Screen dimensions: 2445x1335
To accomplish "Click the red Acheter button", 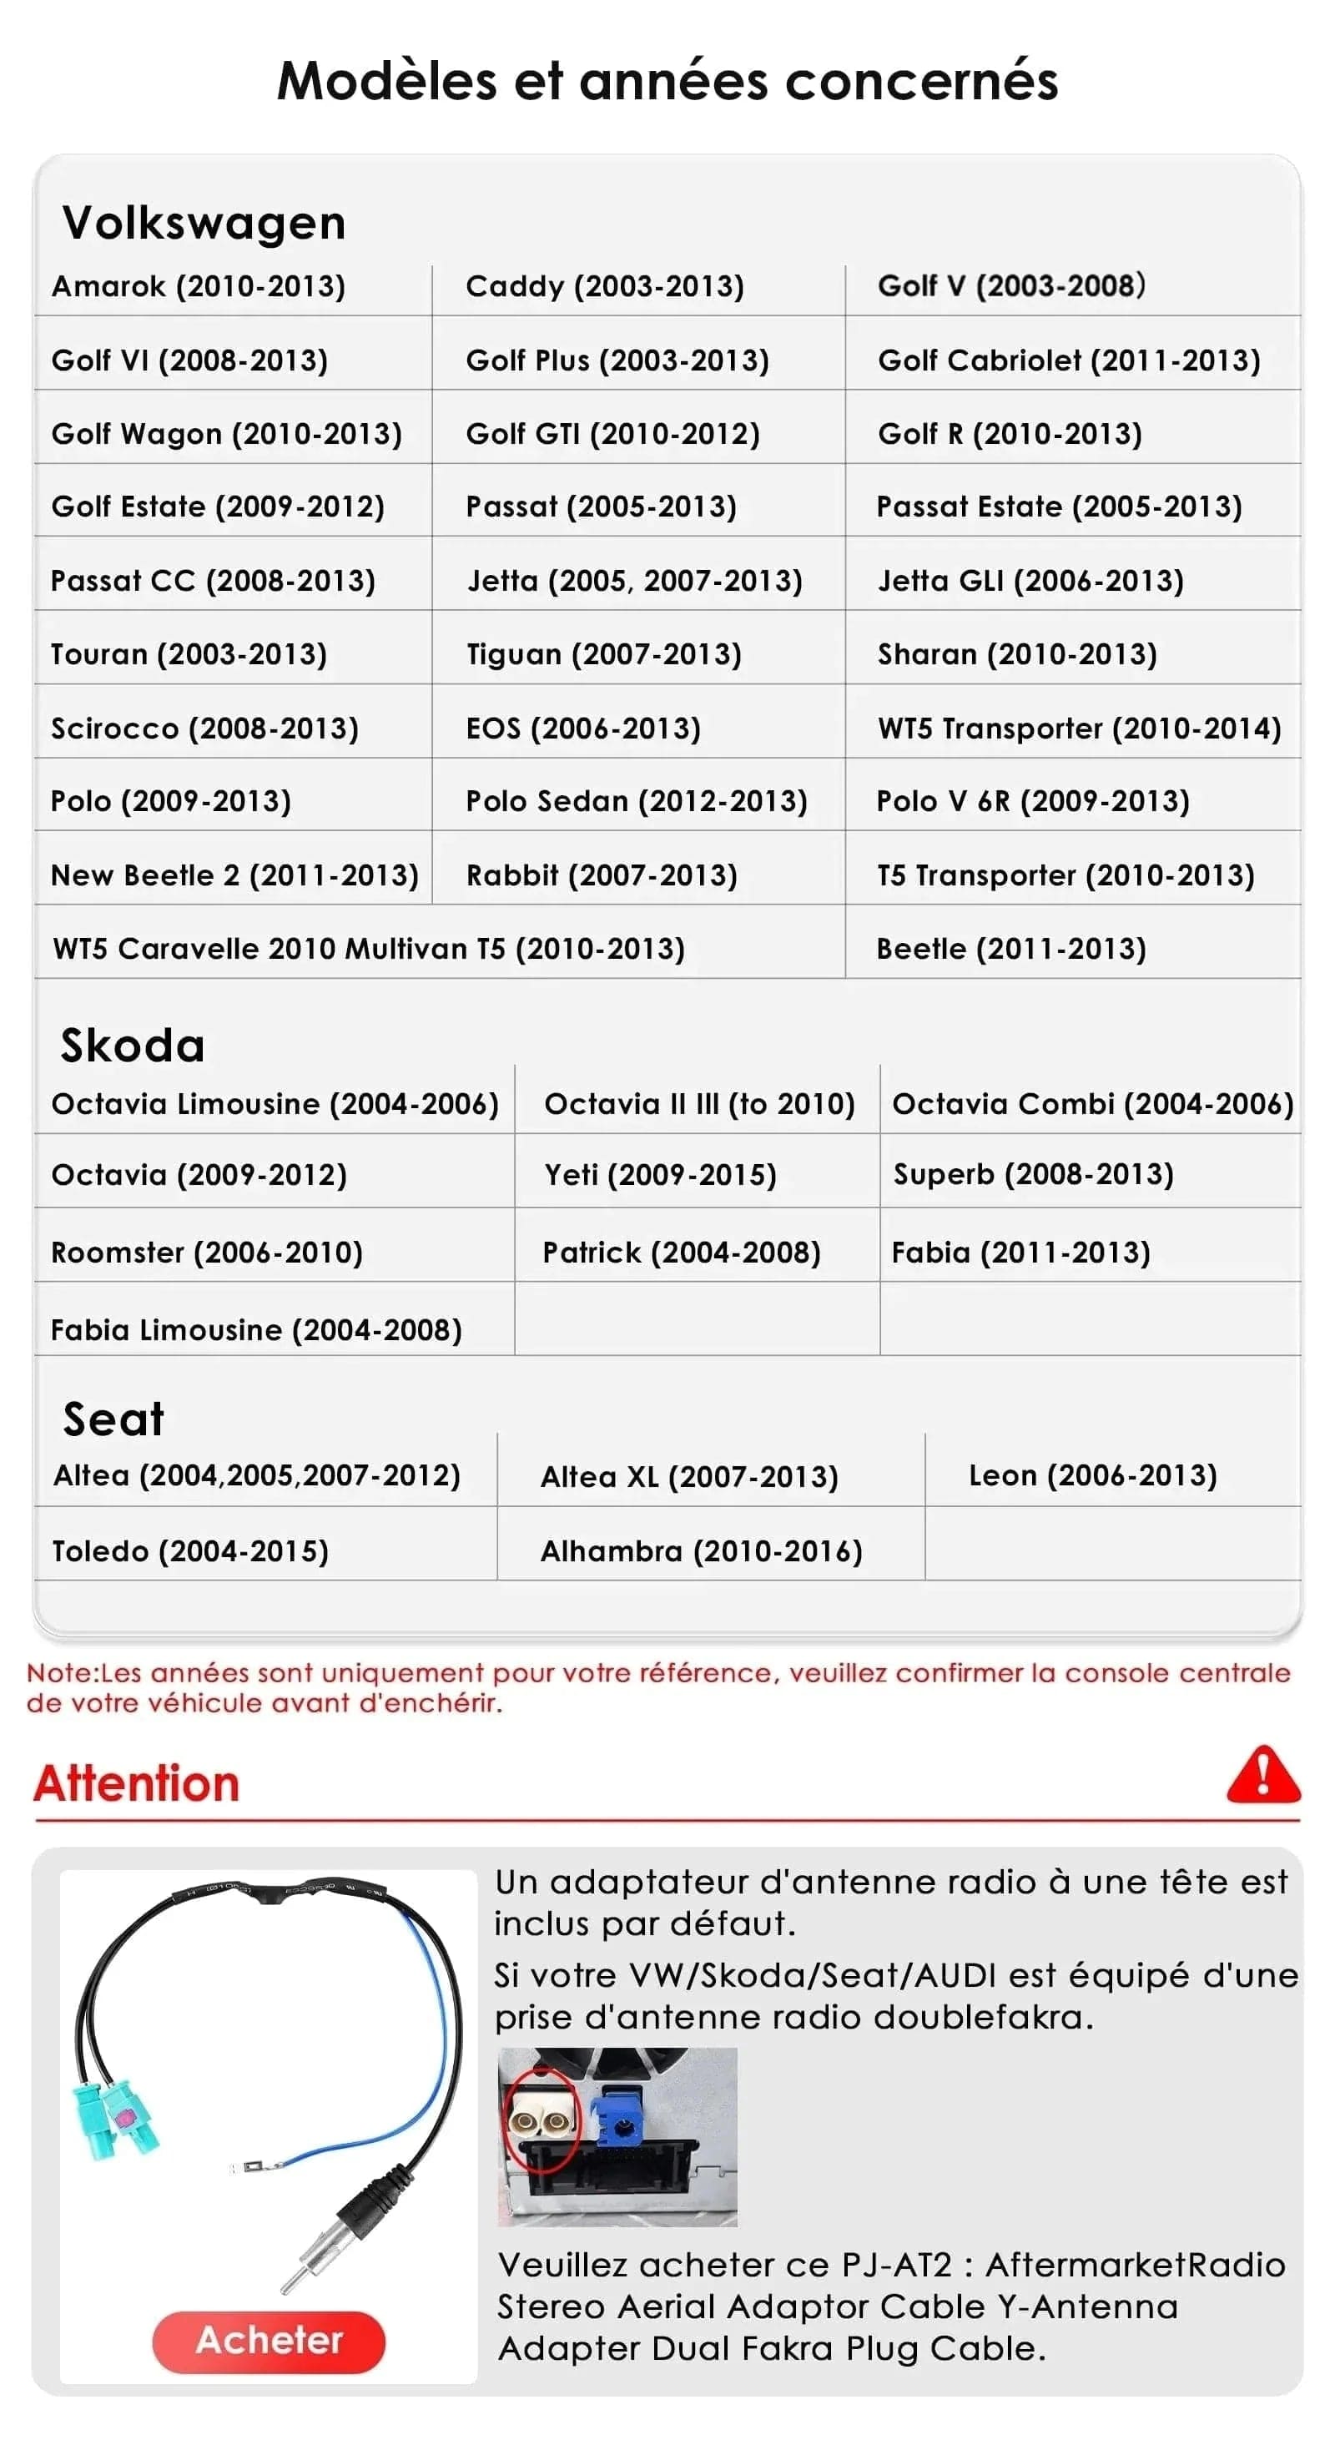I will (x=269, y=2341).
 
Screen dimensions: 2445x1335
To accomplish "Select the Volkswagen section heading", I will (x=204, y=223).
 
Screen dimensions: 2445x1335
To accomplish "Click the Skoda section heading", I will (x=133, y=1045).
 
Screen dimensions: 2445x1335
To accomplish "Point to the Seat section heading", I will (x=113, y=1419).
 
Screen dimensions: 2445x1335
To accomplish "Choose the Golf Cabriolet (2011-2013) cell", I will (x=1068, y=360).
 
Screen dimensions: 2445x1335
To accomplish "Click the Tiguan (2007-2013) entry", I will (x=603, y=654).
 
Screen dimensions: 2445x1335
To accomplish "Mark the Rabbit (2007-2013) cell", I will (x=602, y=875).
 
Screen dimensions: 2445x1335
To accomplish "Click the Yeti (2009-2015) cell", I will (x=660, y=1174).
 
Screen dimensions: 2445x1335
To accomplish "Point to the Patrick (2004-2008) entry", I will (x=681, y=1252).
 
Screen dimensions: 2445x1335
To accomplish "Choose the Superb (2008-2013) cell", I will (x=1033, y=1174).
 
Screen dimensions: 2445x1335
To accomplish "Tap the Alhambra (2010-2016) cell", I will (x=701, y=1551).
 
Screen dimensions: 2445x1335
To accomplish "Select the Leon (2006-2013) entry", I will (x=1092, y=1475).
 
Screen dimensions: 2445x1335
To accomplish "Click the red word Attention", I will (x=137, y=1782).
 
